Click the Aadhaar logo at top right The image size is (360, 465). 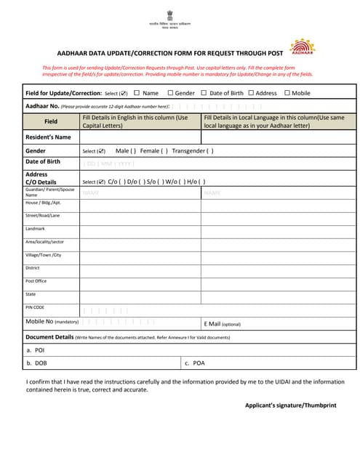click(x=302, y=47)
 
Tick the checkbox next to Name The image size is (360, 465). click(x=137, y=93)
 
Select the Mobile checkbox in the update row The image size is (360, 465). click(x=287, y=93)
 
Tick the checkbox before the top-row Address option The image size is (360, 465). click(x=251, y=93)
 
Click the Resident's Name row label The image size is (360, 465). click(x=48, y=137)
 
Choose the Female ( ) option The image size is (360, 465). click(x=153, y=151)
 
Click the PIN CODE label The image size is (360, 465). click(x=35, y=307)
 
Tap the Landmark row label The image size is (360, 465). click(x=35, y=229)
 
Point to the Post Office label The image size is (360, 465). click(x=36, y=281)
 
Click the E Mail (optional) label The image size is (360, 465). click(x=223, y=324)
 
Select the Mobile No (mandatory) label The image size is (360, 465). click(x=52, y=321)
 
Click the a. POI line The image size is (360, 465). click(x=35, y=350)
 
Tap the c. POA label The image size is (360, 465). click(x=195, y=363)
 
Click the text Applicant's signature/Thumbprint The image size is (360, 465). click(x=290, y=405)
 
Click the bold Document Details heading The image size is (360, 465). click(x=49, y=337)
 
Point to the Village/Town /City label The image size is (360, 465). click(x=43, y=255)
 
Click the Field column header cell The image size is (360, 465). click(x=50, y=121)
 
